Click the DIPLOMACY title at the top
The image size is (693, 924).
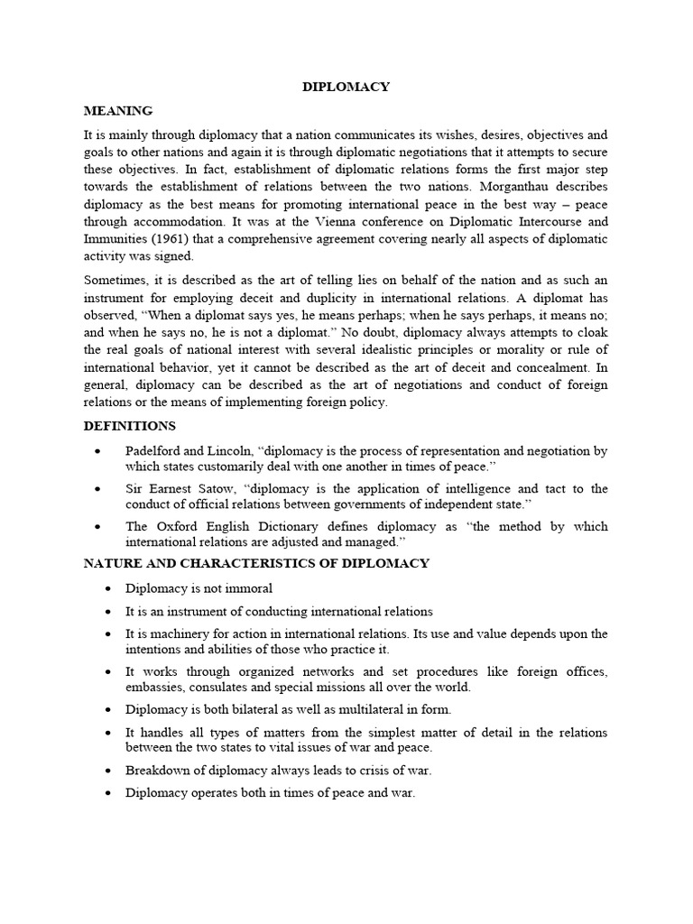345,87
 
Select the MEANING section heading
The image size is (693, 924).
118,110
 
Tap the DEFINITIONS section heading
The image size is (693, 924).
129,425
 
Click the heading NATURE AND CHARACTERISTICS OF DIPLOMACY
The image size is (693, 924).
256,563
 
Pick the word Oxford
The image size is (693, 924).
174,526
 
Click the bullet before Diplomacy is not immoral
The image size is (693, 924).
107,588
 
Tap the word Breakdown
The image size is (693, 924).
161,770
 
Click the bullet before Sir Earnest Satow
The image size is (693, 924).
107,488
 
